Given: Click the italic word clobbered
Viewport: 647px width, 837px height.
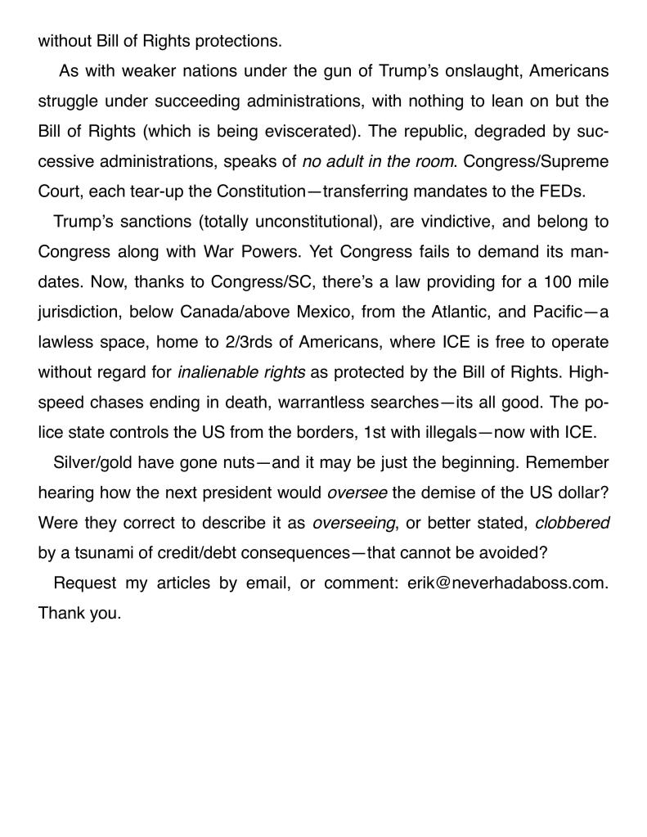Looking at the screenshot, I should [x=572, y=522].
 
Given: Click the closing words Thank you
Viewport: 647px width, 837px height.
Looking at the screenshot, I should [x=79, y=613].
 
